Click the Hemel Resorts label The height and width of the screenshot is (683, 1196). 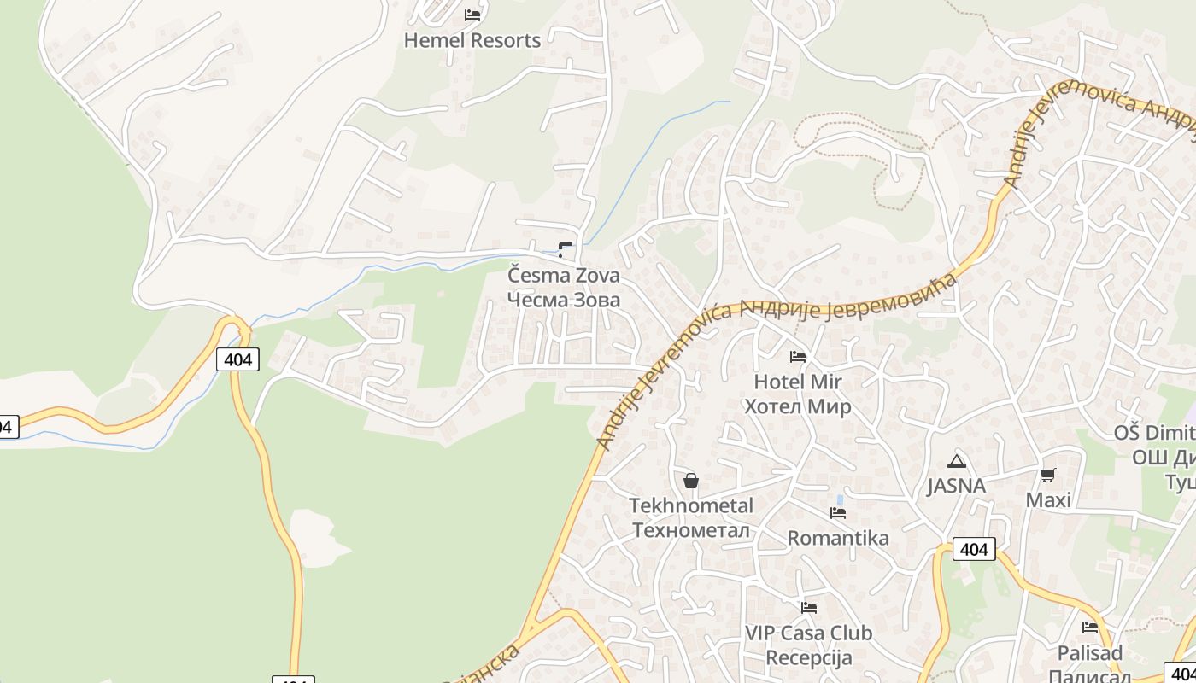(472, 40)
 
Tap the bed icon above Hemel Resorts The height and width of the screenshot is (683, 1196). (472, 15)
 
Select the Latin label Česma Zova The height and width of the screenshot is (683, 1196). (564, 276)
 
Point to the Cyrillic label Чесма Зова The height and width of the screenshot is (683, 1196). (564, 300)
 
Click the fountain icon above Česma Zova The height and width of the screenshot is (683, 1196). (564, 249)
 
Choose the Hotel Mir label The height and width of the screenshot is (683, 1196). (798, 382)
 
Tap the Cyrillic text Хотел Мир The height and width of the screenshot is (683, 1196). (798, 406)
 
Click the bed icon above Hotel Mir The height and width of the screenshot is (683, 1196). (798, 356)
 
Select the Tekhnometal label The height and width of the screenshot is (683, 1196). (691, 505)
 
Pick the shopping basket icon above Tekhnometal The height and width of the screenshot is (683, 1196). (691, 481)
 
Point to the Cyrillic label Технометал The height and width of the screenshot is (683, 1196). (691, 530)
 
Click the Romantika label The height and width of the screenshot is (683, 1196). (838, 538)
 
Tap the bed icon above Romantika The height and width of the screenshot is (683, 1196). (838, 513)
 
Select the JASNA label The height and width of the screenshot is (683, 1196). (956, 486)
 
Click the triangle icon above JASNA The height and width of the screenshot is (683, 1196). (956, 462)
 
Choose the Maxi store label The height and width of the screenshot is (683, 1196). (1048, 499)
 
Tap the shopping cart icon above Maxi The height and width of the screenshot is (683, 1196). (1048, 475)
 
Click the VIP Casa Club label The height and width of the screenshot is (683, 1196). (808, 633)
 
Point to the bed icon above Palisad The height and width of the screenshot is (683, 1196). (1090, 628)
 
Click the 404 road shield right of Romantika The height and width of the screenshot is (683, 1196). (974, 549)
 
